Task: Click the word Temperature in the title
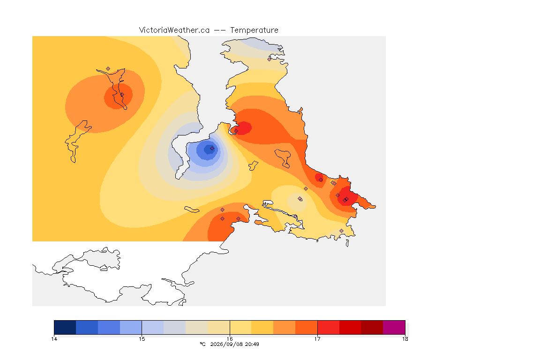(x=254, y=30)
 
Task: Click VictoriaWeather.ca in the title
(x=174, y=30)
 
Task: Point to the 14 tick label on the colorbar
(x=54, y=339)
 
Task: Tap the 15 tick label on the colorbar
(x=142, y=339)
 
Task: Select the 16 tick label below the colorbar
(x=230, y=339)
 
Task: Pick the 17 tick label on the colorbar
(x=317, y=339)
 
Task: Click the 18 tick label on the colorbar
(x=405, y=339)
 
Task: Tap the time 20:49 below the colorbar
(x=252, y=344)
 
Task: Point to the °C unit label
(x=203, y=344)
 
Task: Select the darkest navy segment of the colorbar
(x=65, y=327)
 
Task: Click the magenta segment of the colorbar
(x=394, y=327)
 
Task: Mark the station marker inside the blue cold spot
(x=212, y=149)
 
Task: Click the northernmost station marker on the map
(x=270, y=59)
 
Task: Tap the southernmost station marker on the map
(x=341, y=231)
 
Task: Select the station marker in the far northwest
(x=108, y=69)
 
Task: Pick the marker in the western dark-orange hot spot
(x=122, y=95)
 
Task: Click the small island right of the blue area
(x=253, y=165)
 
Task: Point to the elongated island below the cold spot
(x=192, y=210)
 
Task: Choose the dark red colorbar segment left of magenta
(x=372, y=327)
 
